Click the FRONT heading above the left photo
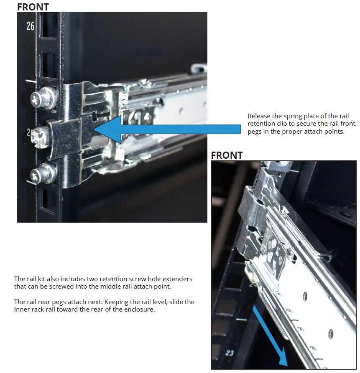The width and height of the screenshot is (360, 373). tap(33, 7)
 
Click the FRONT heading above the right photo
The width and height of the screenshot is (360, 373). tap(227, 155)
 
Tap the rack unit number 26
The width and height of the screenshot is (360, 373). tap(31, 26)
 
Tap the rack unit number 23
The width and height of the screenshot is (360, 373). tap(230, 353)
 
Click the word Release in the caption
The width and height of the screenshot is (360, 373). tap(259, 116)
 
